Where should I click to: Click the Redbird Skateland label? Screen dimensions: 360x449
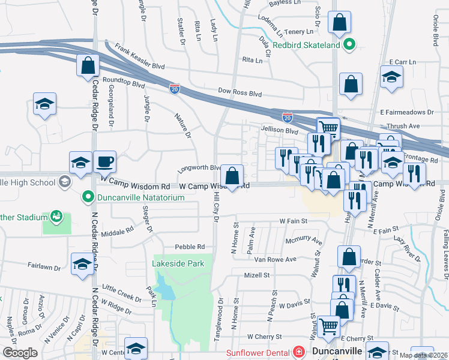pos(306,44)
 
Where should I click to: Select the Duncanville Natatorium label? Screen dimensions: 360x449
pos(133,196)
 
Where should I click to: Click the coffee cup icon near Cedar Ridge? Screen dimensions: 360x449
pos(104,161)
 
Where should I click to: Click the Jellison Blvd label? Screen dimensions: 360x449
pos(279,130)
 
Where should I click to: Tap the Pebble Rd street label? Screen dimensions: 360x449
pos(190,247)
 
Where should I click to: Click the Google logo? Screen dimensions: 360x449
pos(20,353)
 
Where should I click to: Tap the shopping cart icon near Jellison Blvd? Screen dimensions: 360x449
pos(328,128)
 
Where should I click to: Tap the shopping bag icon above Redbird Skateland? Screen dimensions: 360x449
pos(340,23)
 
